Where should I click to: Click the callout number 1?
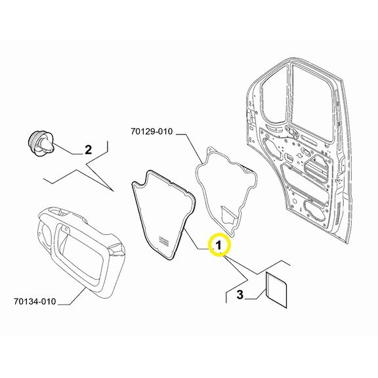point(219,245)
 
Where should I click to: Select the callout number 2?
point(88,150)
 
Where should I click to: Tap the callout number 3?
point(240,295)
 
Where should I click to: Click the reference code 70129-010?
point(152,132)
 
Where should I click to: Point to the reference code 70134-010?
point(35,302)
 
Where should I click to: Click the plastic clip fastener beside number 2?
point(40,144)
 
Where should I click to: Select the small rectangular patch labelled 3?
point(276,290)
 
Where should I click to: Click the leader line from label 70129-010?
point(190,147)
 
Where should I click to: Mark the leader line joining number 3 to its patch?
point(255,295)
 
